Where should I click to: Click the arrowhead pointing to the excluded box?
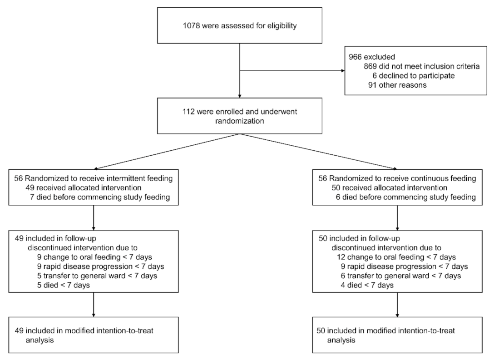[x=343, y=71]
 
